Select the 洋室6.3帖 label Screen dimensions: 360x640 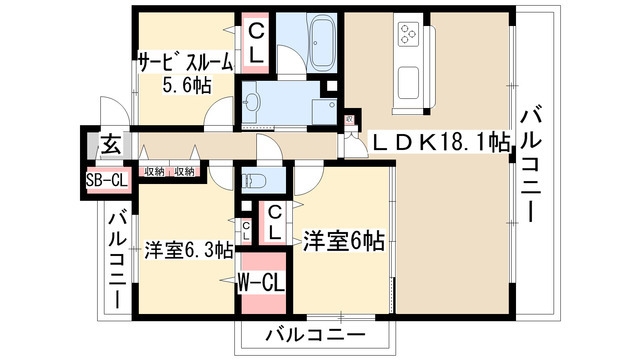(188, 247)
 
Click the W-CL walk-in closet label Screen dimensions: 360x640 (262, 282)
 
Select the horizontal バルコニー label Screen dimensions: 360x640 (314, 333)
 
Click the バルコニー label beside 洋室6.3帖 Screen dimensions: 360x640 (116, 258)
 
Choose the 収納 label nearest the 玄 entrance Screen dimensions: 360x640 (153, 172)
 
